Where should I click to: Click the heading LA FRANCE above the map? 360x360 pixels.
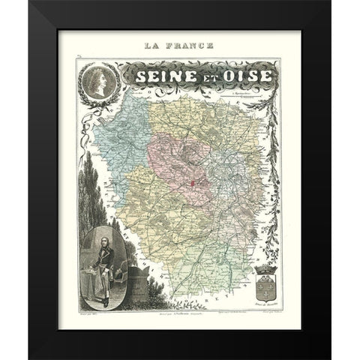(179, 46)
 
